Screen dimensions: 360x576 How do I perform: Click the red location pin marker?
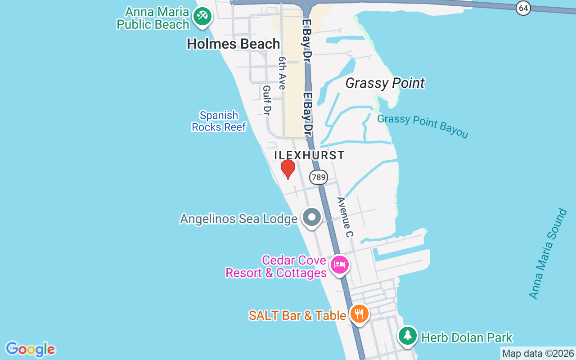288,169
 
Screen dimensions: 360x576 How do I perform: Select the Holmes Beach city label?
233,44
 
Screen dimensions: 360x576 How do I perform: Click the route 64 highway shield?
523,8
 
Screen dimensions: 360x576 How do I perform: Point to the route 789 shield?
318,177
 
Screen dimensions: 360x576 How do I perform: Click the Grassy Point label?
385,83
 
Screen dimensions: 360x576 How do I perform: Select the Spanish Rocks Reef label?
219,121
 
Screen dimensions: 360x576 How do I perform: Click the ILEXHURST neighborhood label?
309,155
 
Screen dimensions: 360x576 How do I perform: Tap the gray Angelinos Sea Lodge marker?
311,217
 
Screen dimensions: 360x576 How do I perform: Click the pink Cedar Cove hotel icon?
339,264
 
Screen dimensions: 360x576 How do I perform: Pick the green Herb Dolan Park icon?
407,335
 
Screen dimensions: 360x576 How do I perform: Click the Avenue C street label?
346,217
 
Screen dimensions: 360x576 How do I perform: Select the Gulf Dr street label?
267,100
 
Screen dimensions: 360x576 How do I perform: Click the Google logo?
30,349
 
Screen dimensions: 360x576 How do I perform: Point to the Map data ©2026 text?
538,354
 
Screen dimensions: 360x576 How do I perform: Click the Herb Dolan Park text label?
466,337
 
